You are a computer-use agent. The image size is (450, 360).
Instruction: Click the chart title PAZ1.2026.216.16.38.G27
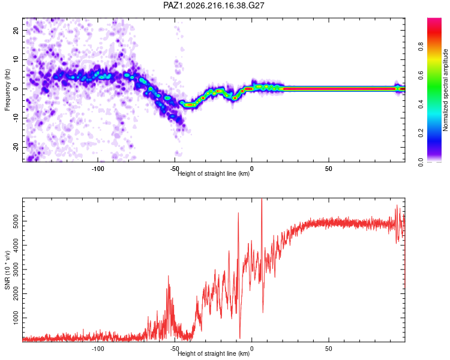point(214,5)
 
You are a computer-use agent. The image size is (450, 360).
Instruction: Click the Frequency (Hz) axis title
point(7,90)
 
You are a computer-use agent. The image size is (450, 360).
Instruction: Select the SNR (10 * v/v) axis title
point(7,270)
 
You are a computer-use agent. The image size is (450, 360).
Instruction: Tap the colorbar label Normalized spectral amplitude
point(445,90)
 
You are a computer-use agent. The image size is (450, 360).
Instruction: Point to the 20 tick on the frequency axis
point(16,30)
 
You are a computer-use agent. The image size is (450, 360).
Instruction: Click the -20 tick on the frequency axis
point(16,147)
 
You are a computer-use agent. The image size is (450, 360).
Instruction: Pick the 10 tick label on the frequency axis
point(16,59)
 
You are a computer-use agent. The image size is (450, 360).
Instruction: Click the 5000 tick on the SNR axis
point(16,221)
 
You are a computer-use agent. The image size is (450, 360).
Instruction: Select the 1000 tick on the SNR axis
point(16,318)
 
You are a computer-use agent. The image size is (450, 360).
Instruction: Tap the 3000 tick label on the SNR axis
point(16,269)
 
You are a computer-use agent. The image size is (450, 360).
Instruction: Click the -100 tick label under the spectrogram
point(98,169)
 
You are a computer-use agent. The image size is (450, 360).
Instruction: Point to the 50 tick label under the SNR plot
point(329,349)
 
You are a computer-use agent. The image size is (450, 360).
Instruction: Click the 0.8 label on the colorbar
point(421,46)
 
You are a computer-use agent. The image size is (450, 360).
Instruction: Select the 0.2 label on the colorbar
point(421,133)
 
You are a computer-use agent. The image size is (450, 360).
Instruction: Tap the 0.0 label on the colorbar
point(421,162)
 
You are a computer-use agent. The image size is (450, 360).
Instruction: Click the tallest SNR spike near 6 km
point(262,199)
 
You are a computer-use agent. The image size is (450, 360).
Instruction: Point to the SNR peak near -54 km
point(169,276)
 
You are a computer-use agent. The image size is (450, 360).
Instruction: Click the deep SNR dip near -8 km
point(240,338)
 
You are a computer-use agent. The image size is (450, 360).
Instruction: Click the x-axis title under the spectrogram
point(214,173)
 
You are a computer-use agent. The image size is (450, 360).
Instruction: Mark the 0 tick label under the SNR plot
point(251,349)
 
